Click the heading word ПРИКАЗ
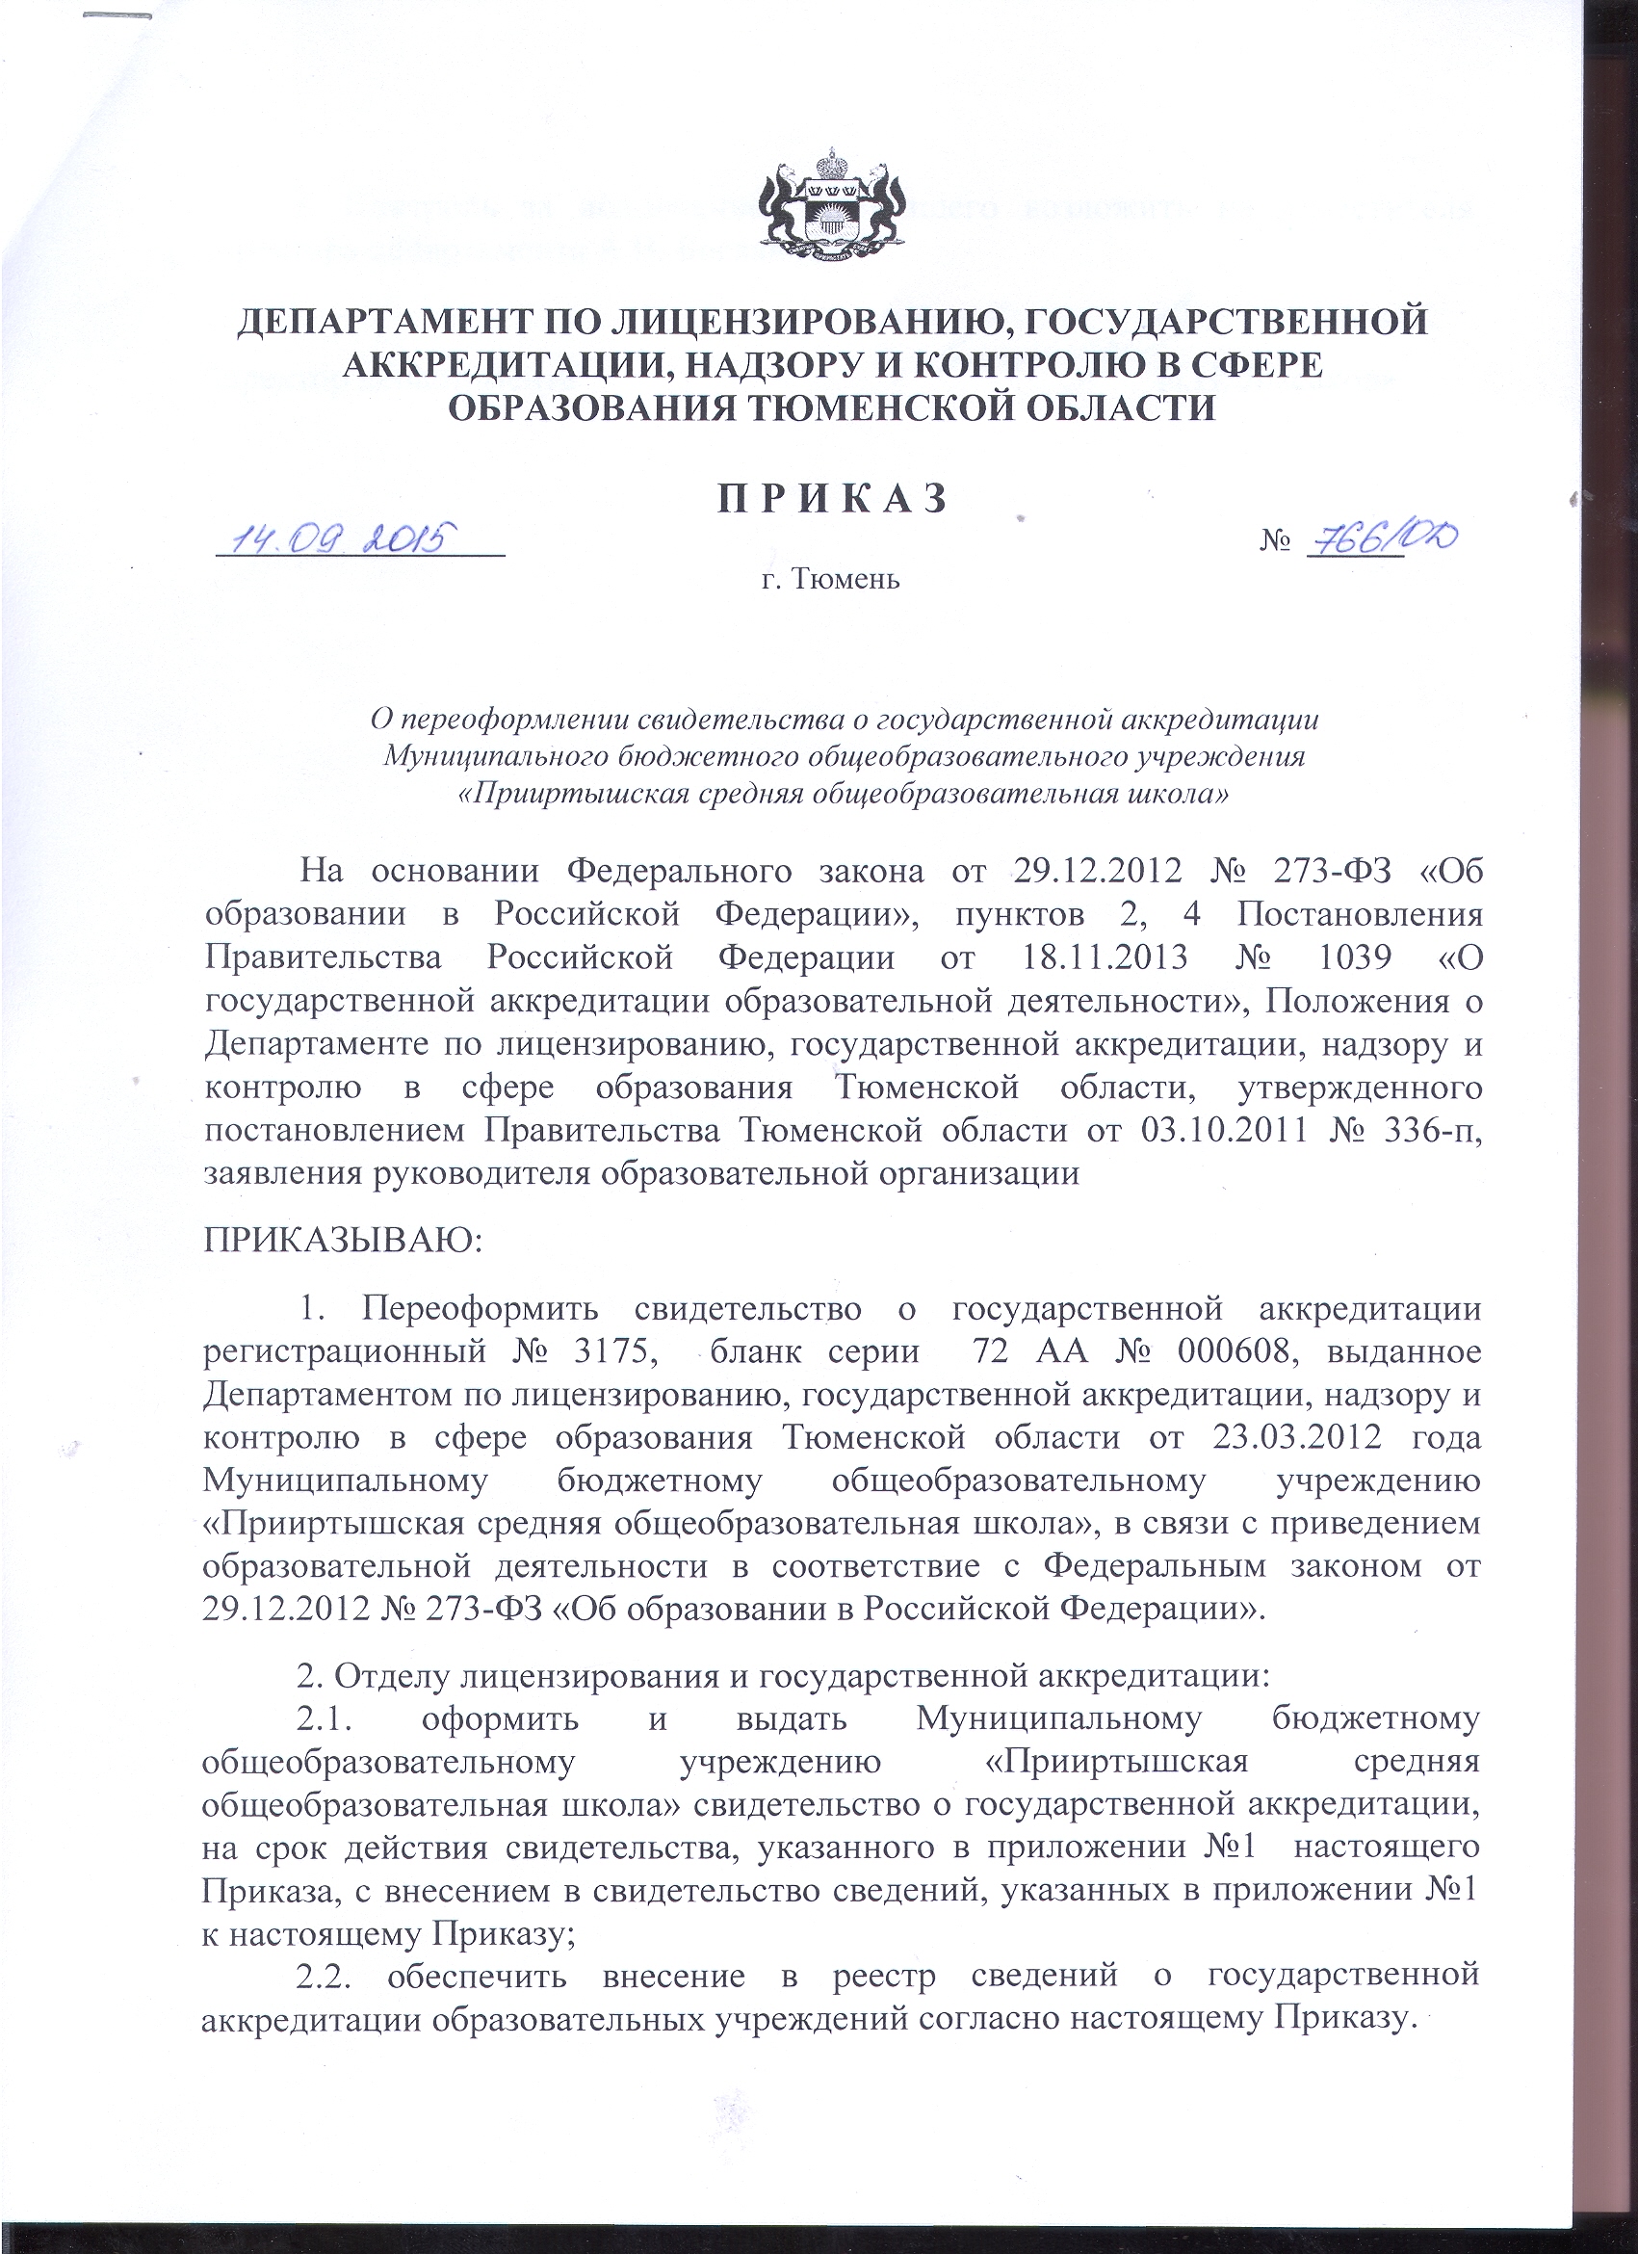point(832,498)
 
